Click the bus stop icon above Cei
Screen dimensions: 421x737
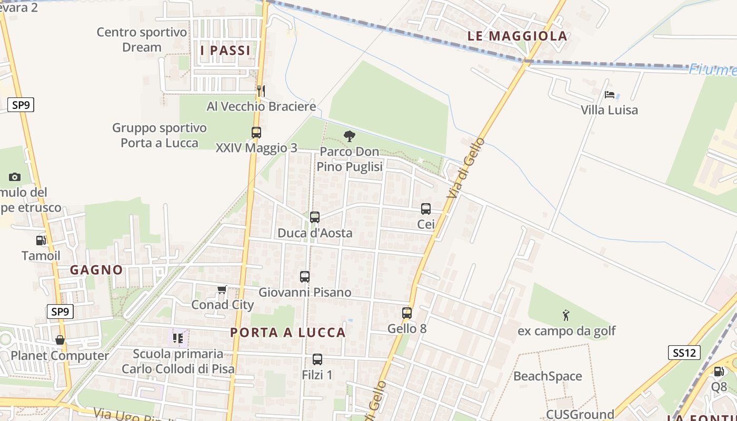pyautogui.click(x=426, y=209)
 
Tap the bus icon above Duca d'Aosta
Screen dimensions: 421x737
pyautogui.click(x=315, y=217)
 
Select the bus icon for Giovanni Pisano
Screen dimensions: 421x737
pyautogui.click(x=304, y=276)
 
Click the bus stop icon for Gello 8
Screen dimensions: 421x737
pyautogui.click(x=406, y=313)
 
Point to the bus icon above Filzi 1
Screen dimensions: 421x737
pyautogui.click(x=317, y=359)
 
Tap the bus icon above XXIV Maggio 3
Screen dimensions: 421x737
pyautogui.click(x=256, y=133)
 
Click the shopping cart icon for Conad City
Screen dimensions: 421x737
pyautogui.click(x=222, y=289)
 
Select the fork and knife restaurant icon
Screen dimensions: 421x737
pyautogui.click(x=261, y=91)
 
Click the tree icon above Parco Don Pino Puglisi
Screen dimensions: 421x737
pyautogui.click(x=349, y=136)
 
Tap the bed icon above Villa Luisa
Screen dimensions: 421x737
pyautogui.click(x=610, y=95)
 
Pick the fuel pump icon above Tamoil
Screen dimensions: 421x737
pyautogui.click(x=41, y=240)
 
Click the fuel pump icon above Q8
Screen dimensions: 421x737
pyautogui.click(x=719, y=372)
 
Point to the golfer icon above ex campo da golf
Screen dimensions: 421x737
pyautogui.click(x=566, y=315)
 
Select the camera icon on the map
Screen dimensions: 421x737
pyautogui.click(x=14, y=177)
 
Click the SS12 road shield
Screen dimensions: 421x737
pyautogui.click(x=684, y=353)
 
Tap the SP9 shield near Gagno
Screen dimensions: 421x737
pyautogui.click(x=60, y=312)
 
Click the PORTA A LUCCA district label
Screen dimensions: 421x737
pyautogui.click(x=288, y=333)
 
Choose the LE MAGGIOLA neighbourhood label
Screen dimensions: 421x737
pyautogui.click(x=517, y=36)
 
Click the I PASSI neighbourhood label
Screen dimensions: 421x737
pyautogui.click(x=225, y=51)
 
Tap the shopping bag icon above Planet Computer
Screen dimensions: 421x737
pyautogui.click(x=60, y=340)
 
